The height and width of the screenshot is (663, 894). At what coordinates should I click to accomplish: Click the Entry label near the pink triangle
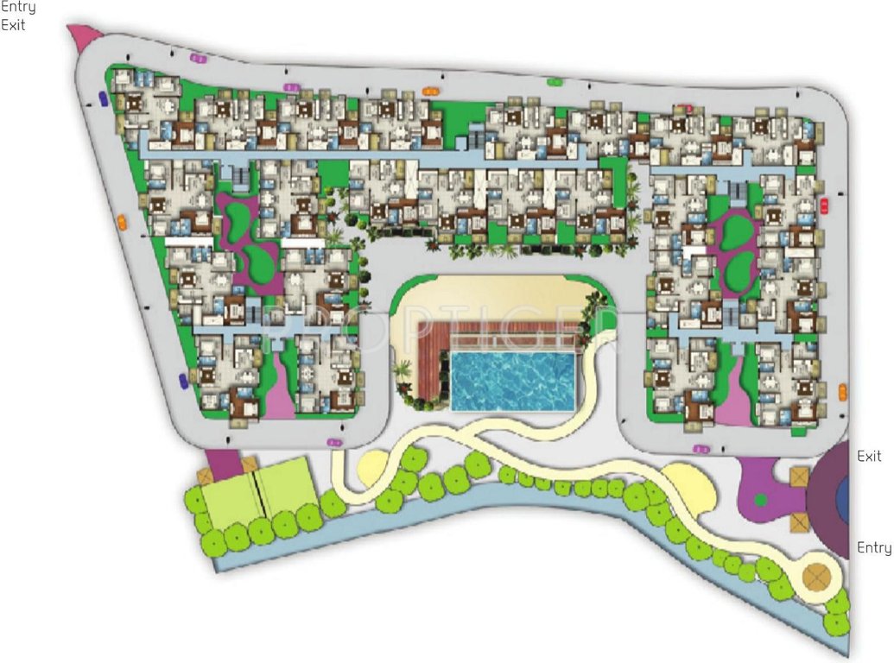[x=18, y=8]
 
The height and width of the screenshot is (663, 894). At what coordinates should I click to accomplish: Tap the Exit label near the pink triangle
[x=13, y=25]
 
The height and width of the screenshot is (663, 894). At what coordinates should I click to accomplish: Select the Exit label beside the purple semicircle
[x=869, y=456]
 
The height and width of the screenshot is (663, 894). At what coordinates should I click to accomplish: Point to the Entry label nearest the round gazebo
[x=873, y=547]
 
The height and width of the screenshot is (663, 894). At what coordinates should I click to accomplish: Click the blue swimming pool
[x=513, y=380]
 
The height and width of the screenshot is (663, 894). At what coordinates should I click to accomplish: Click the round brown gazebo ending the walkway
[x=816, y=575]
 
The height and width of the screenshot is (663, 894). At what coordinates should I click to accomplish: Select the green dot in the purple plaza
[x=760, y=499]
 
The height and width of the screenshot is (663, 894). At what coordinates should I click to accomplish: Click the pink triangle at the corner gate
[x=83, y=35]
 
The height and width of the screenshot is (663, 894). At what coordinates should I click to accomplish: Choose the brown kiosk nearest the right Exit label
[x=799, y=476]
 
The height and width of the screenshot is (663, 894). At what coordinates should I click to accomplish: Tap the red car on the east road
[x=823, y=205]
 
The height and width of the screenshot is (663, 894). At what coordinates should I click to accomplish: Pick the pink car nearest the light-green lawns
[x=334, y=443]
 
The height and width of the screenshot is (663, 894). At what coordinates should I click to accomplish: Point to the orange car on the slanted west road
[x=122, y=221]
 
